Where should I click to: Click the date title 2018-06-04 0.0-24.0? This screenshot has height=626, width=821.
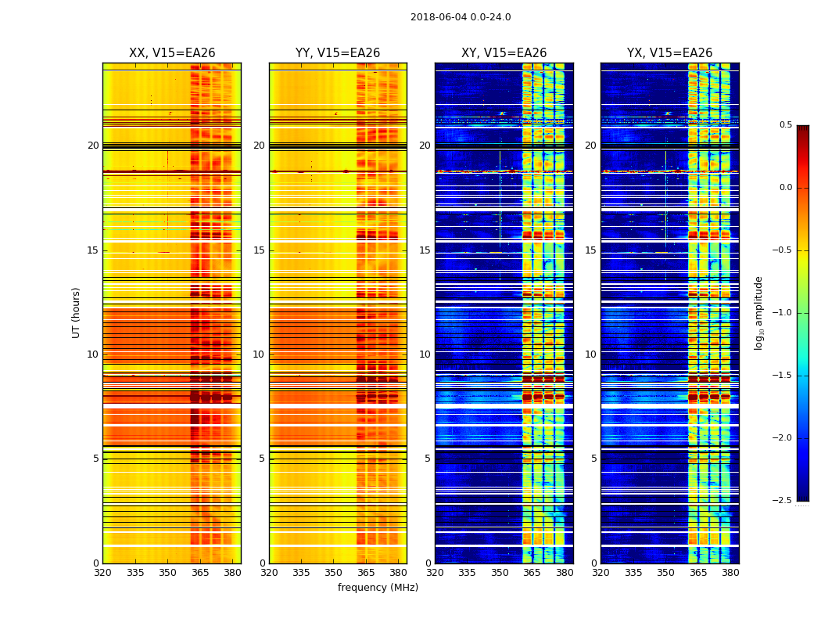461,17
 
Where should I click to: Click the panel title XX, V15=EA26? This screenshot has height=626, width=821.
172,53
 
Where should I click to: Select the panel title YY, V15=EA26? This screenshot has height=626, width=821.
338,53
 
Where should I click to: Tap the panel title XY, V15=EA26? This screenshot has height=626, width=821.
504,53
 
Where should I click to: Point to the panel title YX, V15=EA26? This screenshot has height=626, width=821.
669,53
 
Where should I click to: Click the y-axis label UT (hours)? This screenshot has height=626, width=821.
77,312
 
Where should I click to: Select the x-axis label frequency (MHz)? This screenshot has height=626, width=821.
378,588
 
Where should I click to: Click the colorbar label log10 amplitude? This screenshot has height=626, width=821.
758,312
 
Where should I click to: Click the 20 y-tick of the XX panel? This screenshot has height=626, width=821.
93,146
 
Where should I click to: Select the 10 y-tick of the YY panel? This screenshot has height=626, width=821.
259,354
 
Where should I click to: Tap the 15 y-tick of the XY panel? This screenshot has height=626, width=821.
425,250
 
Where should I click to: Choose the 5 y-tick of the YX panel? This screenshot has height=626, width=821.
593,459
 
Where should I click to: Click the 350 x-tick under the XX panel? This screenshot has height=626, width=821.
167,573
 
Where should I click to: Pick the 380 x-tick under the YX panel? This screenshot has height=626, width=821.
730,573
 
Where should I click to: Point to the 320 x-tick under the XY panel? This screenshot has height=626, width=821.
435,573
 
